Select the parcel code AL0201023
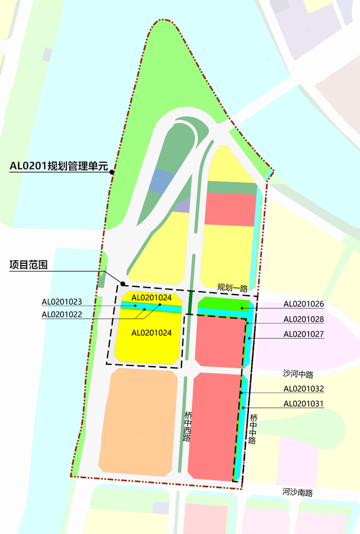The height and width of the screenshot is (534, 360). click(x=62, y=302)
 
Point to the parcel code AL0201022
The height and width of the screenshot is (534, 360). click(x=62, y=314)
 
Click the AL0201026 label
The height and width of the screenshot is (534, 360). click(x=304, y=304)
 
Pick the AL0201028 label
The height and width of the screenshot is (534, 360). click(x=304, y=319)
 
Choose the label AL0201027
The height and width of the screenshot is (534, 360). click(x=304, y=334)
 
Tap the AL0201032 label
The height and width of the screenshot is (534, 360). click(x=304, y=389)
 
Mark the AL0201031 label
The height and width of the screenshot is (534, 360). click(x=304, y=404)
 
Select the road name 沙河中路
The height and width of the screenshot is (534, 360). click(x=298, y=374)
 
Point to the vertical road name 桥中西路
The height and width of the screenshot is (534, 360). click(x=187, y=427)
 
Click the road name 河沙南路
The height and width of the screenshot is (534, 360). click(x=298, y=492)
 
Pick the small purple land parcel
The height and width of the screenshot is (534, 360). click(x=182, y=205)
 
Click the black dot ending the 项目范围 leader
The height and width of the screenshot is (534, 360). click(x=123, y=284)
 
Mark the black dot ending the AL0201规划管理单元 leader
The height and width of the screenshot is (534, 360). click(x=113, y=172)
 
